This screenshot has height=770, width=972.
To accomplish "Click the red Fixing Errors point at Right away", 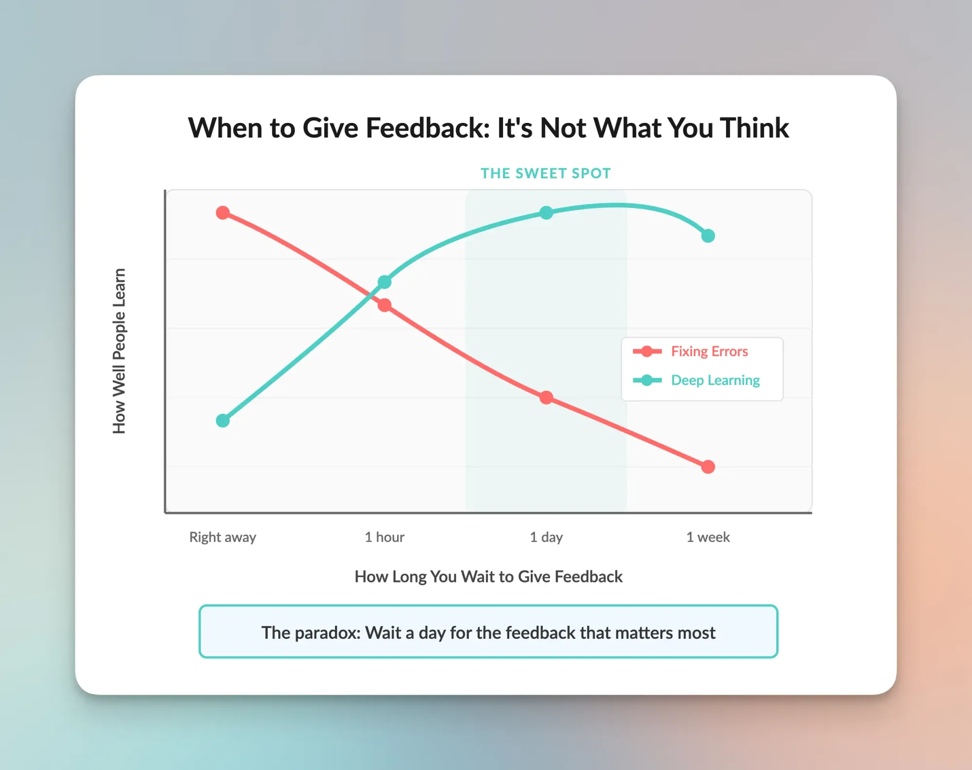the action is click(223, 213).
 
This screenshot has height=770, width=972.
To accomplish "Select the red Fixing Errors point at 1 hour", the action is click(384, 305).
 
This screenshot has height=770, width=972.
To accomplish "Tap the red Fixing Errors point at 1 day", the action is click(546, 397).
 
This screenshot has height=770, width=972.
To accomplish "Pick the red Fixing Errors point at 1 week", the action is click(708, 467).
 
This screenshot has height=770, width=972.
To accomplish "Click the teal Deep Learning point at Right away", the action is click(223, 421).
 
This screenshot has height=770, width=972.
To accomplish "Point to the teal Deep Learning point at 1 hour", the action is click(384, 282).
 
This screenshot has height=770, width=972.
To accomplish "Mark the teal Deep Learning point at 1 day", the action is click(546, 213).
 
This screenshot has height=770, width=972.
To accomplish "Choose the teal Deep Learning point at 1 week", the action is click(708, 236).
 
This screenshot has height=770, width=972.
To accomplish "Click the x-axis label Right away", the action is click(223, 537).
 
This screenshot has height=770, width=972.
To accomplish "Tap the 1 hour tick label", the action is click(384, 537).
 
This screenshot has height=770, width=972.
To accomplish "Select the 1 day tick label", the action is click(546, 537).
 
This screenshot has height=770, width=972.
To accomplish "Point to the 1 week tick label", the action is click(708, 537).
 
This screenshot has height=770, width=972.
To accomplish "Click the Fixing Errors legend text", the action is click(710, 351).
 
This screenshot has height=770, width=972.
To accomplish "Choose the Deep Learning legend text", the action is click(715, 380).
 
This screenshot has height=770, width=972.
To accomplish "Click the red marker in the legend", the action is click(647, 351).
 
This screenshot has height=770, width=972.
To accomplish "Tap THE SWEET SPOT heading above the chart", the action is click(546, 173).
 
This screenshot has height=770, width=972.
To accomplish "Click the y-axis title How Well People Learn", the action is click(119, 351).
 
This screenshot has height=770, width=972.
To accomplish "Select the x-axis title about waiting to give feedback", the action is click(488, 577).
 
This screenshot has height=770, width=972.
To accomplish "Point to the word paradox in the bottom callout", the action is click(328, 633).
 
